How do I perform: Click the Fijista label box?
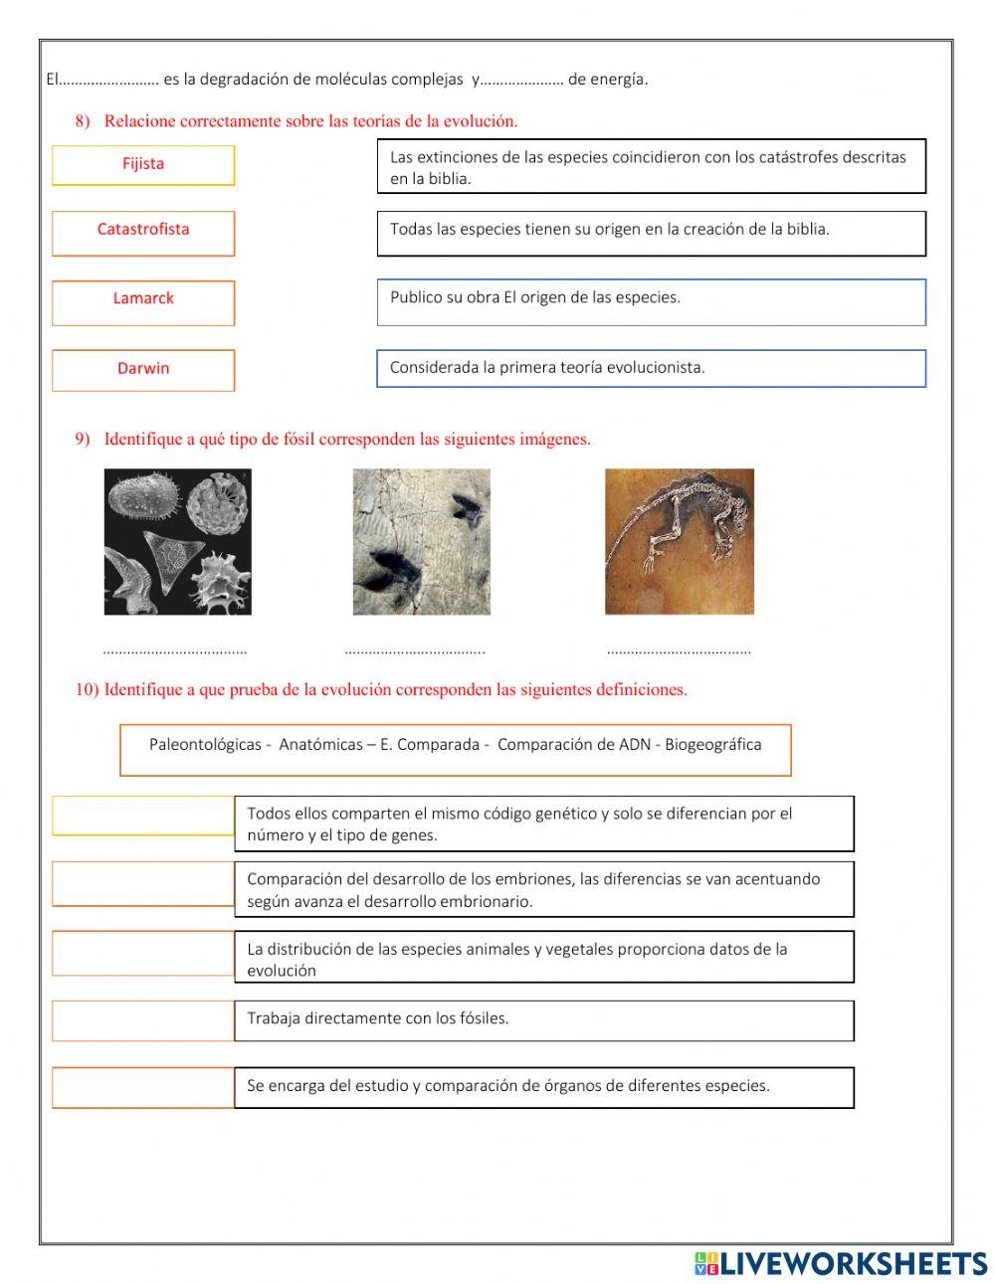coord(143,165)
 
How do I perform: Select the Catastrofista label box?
coord(143,233)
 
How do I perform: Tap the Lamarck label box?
coord(143,302)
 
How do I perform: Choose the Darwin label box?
coord(143,370)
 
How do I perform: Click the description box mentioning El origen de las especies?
coord(651,301)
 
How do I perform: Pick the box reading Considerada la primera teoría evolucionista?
coord(651,368)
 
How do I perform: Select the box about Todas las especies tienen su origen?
coord(651,233)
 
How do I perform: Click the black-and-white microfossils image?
coord(178,542)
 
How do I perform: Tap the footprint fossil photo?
coord(422,542)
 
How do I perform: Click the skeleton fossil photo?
coord(680,542)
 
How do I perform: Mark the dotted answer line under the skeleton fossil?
coord(679,651)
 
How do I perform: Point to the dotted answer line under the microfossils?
coord(175,651)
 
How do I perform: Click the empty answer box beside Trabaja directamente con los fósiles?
coord(143,1020)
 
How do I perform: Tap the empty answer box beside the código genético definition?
coord(143,816)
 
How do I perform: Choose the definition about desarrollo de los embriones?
coord(543,889)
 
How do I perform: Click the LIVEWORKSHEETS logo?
coord(841,1263)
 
